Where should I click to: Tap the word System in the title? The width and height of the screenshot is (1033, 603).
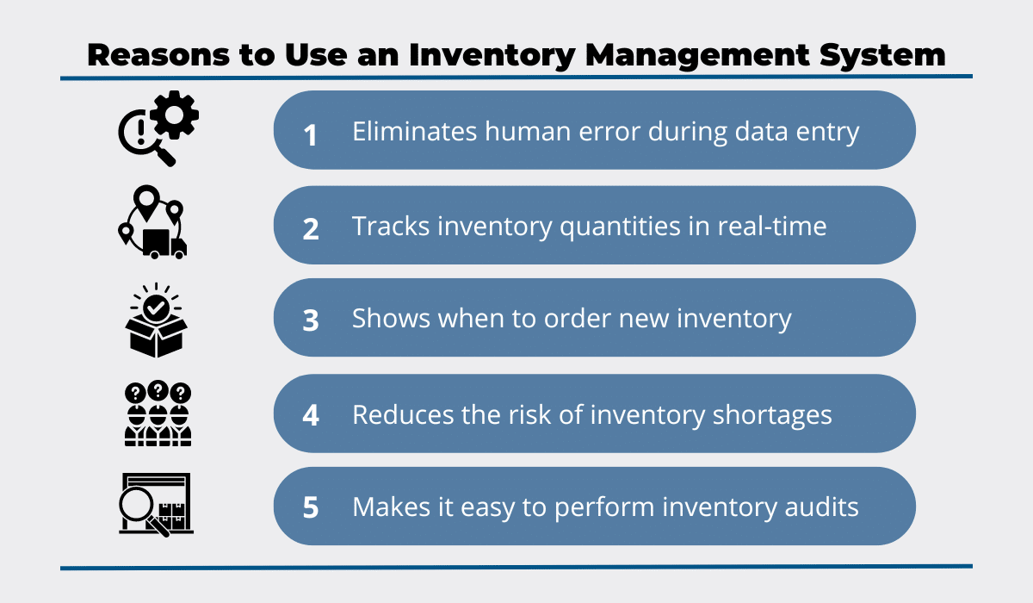tap(882, 55)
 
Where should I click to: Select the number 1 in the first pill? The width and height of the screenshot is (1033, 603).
tap(311, 135)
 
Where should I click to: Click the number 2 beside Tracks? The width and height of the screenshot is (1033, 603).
tap(311, 229)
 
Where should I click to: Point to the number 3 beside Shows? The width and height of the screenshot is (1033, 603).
tap(311, 320)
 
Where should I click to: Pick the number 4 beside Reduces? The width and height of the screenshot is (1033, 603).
tap(311, 415)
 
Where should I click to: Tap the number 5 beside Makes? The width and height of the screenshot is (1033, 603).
tap(311, 507)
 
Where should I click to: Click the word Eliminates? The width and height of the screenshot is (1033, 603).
tap(415, 131)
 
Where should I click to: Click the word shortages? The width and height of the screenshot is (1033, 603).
tap(772, 415)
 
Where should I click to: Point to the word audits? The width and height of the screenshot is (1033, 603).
tap(822, 507)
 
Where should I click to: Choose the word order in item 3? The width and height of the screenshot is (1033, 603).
tap(578, 319)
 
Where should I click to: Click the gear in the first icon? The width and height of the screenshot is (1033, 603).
tap(174, 115)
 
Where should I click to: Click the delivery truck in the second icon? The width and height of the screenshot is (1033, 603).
tap(164, 244)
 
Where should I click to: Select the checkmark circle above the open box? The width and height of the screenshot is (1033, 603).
tap(156, 308)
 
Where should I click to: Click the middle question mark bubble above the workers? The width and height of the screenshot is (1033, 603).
tap(158, 391)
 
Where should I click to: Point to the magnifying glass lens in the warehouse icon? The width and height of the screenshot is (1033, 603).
tap(136, 504)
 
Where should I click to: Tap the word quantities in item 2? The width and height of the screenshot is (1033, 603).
tap(620, 227)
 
